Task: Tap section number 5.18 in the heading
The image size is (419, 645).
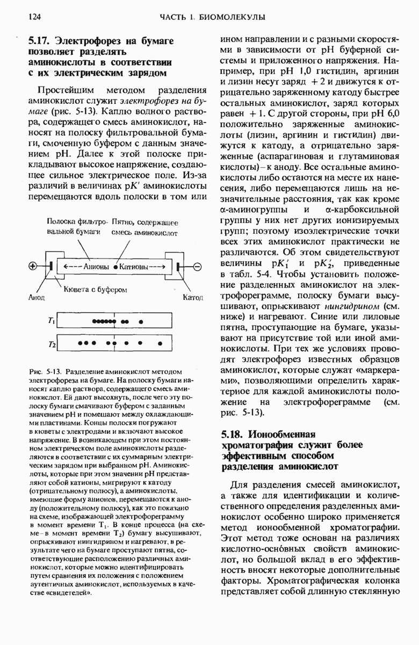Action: click(232, 434)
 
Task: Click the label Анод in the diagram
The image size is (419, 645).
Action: click(35, 297)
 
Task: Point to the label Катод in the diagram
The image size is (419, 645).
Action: click(192, 297)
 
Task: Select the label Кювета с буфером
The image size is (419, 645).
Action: click(95, 289)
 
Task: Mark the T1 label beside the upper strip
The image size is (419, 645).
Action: click(51, 321)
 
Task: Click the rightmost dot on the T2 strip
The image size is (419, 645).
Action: click(160, 342)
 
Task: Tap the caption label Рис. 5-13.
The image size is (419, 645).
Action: click(47, 372)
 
